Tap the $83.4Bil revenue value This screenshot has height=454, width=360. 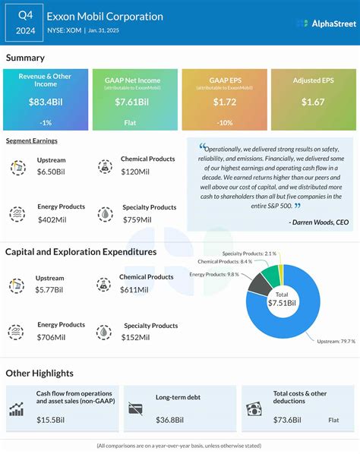[45, 101]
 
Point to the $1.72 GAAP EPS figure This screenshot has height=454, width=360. [224, 101]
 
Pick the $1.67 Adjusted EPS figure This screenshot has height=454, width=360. [313, 101]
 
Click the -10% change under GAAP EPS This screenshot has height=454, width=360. [224, 122]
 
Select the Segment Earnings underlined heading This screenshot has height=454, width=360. [31, 141]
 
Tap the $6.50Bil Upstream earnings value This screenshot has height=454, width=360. [54, 172]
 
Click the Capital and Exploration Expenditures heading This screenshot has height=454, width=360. [81, 251]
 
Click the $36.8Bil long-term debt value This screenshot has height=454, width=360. [171, 420]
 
